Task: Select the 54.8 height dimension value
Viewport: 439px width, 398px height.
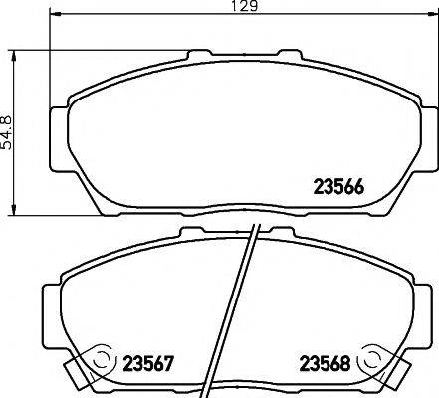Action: coord(8,131)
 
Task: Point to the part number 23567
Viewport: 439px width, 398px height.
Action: coord(149,363)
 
